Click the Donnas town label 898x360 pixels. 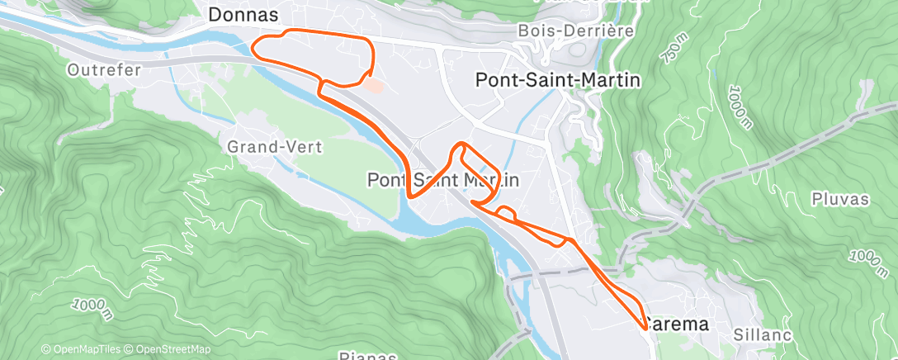(x=243, y=15)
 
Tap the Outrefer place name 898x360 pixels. (x=105, y=70)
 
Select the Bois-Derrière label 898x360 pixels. (x=575, y=31)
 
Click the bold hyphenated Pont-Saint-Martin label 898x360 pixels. (x=559, y=79)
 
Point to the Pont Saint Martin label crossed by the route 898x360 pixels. (x=442, y=179)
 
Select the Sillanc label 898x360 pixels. (x=763, y=334)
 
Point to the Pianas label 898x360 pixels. (x=368, y=356)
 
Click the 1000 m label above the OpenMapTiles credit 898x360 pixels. (x=92, y=308)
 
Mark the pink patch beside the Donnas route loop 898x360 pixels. (x=373, y=85)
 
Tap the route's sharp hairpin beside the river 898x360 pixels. (x=410, y=197)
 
